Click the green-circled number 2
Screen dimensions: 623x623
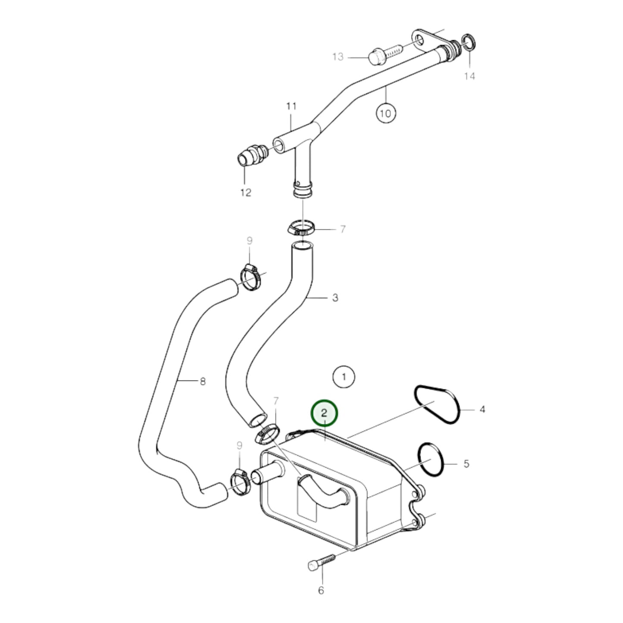(x=325, y=413)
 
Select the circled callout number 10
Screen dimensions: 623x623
(x=385, y=113)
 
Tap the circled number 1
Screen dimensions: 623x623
(x=344, y=377)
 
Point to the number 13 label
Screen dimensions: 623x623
(x=338, y=56)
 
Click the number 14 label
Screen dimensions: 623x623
(x=470, y=76)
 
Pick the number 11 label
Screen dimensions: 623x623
(x=291, y=106)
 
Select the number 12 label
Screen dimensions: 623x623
(x=246, y=192)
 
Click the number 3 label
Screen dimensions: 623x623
(x=335, y=297)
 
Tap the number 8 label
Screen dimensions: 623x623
(x=203, y=381)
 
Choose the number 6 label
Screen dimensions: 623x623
(x=321, y=590)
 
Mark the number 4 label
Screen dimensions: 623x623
(x=482, y=409)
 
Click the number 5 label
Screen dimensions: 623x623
(x=466, y=464)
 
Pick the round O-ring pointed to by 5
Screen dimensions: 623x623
(x=430, y=460)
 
